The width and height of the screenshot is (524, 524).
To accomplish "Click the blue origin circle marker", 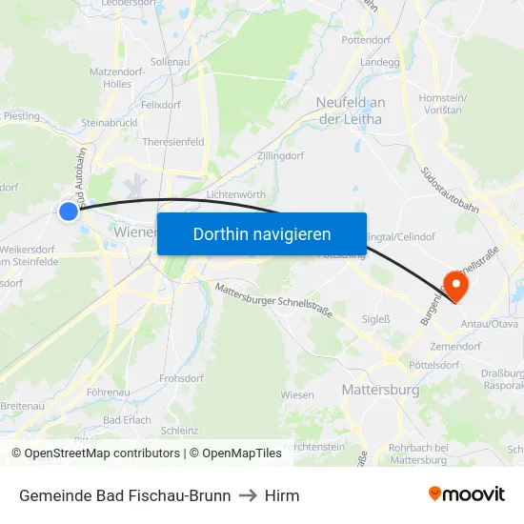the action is click(x=69, y=212).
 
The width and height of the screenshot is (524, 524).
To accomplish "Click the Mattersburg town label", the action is click(x=380, y=390).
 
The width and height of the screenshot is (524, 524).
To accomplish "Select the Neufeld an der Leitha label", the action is click(x=349, y=111).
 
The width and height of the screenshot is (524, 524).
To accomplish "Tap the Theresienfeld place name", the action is click(x=172, y=142).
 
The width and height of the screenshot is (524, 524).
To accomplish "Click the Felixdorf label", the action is click(x=160, y=105).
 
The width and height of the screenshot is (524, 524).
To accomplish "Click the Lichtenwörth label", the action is click(x=236, y=194).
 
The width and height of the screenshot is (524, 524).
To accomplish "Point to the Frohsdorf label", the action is click(x=182, y=377).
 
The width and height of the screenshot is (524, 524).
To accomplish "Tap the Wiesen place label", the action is click(x=297, y=394).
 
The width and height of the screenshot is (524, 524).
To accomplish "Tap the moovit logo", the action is click(x=467, y=494).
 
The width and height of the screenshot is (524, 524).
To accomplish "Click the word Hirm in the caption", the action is click(x=282, y=495).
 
